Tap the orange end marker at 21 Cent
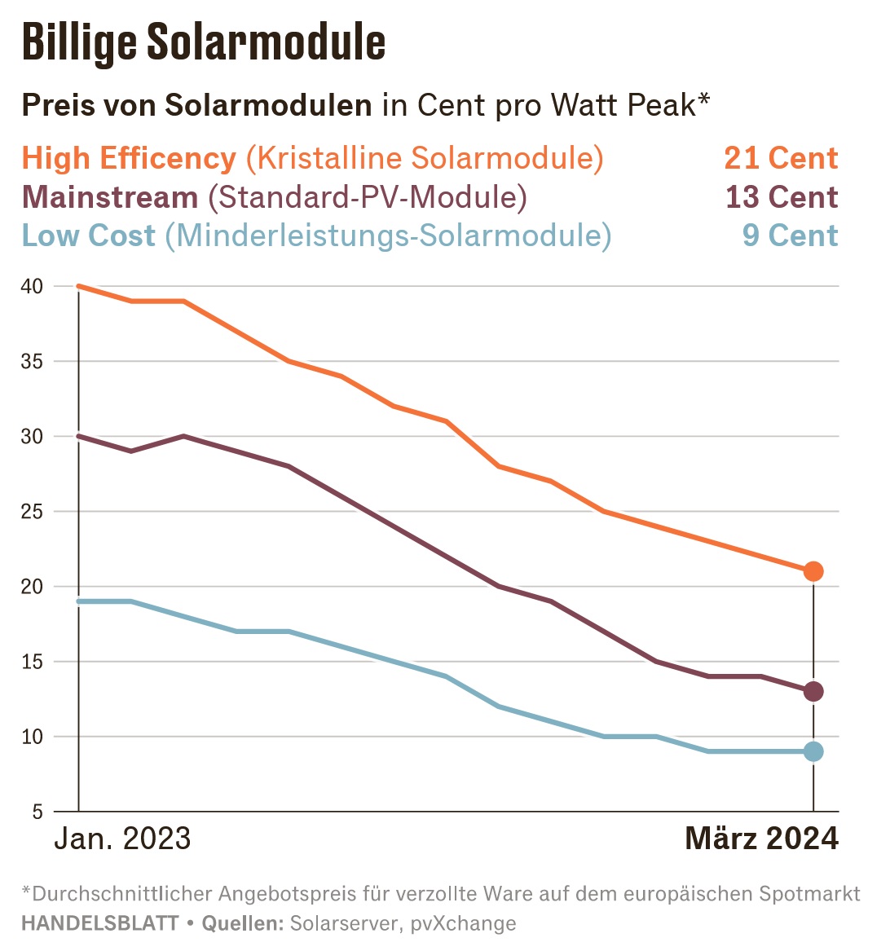[x=813, y=571]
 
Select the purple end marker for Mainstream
[x=813, y=692]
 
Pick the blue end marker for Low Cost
[x=813, y=751]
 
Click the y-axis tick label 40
[x=32, y=286]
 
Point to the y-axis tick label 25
[x=32, y=512]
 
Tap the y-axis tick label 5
[x=37, y=812]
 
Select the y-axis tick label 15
[x=32, y=662]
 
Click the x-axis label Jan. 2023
[x=122, y=839]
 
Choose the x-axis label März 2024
[x=761, y=839]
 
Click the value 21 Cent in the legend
[x=781, y=158]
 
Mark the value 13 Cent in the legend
[x=782, y=197]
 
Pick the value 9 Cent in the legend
[x=790, y=236]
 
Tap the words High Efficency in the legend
[x=129, y=158]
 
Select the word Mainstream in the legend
[x=110, y=197]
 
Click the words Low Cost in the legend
[x=88, y=236]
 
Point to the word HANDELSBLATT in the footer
[x=99, y=924]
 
